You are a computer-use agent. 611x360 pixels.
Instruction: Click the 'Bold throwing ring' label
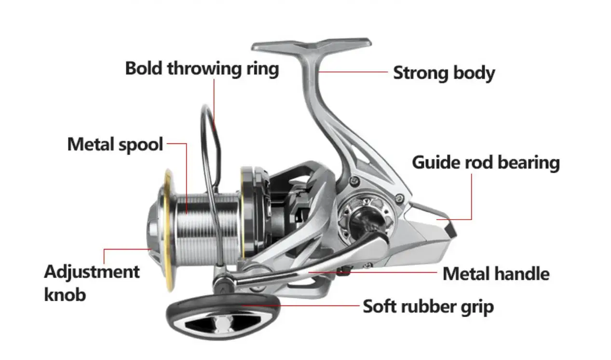point(202,69)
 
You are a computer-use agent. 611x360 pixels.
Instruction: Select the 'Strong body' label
point(444,73)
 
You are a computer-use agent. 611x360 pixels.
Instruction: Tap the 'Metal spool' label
point(115,144)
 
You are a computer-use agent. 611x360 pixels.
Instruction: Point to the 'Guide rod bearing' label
point(485,163)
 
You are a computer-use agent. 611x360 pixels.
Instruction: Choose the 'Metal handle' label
point(496,274)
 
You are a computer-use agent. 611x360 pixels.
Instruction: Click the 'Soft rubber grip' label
point(428,306)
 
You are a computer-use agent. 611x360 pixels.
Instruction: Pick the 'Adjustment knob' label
point(92,282)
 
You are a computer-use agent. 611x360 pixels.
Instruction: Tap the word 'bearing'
point(529,163)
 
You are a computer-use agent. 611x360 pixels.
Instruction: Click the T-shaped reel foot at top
point(311,46)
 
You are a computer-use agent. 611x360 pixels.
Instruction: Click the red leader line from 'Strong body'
point(354,72)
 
